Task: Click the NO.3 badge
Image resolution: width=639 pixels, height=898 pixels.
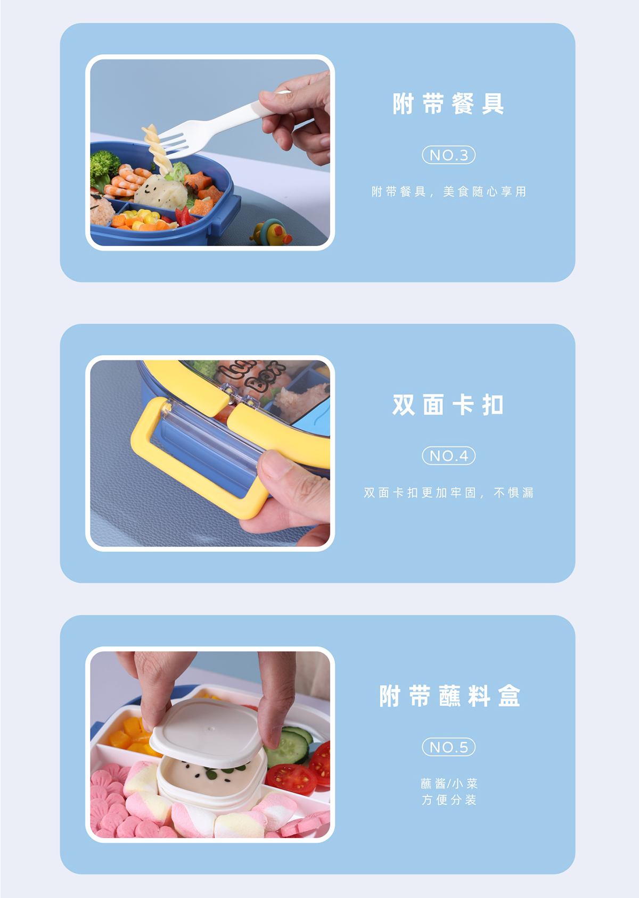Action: [449, 155]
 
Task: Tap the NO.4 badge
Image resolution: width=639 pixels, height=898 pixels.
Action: [449, 455]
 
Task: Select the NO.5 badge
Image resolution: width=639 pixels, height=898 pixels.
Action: [449, 747]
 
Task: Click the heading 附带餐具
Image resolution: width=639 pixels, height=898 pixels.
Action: [448, 104]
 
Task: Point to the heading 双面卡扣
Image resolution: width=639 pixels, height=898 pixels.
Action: [448, 405]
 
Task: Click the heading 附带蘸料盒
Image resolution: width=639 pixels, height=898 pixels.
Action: [449, 696]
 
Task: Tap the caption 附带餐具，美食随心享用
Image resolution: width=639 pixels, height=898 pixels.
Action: [449, 192]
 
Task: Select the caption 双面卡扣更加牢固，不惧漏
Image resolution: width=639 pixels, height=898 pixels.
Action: [449, 493]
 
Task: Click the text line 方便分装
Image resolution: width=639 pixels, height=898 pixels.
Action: [449, 800]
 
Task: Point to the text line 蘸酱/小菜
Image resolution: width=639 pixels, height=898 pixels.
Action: [449, 783]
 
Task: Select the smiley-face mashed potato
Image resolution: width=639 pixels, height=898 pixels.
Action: [160, 192]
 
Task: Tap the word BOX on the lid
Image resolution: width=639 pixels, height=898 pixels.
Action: [265, 377]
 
